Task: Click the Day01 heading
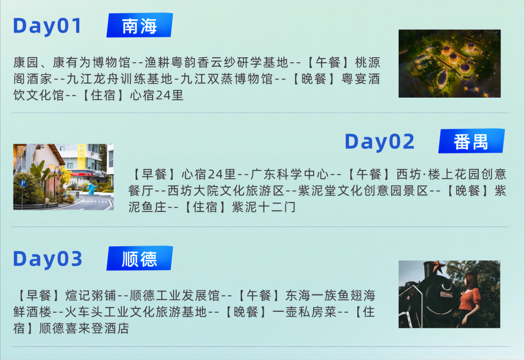coord(47,26)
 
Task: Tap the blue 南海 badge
coord(140,25)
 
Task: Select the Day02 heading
coord(379,141)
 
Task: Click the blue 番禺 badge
coord(472,141)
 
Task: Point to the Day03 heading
coord(48,259)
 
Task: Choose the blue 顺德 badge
coord(140,258)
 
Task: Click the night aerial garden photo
coord(449,64)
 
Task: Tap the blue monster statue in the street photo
coord(91,188)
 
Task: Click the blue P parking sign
coord(23,183)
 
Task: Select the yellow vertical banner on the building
coord(81,156)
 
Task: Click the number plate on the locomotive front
coord(446,294)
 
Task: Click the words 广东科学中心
coord(289,174)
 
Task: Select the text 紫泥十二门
coord(264,207)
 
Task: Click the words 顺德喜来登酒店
coord(84,328)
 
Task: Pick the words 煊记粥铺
coord(90,295)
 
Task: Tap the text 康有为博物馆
coord(91,63)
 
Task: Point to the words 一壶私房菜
coord(304,312)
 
